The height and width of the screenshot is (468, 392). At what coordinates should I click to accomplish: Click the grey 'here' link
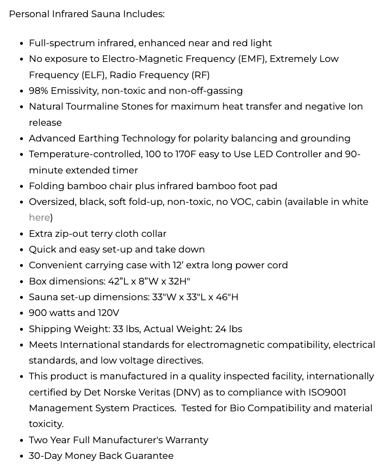[39, 218]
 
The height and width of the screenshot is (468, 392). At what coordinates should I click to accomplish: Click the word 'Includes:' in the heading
[144, 14]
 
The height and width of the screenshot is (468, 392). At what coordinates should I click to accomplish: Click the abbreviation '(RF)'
[200, 75]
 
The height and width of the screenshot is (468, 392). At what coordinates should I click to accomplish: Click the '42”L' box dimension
[117, 282]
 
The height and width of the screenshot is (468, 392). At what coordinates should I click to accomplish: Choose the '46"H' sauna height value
[227, 297]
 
